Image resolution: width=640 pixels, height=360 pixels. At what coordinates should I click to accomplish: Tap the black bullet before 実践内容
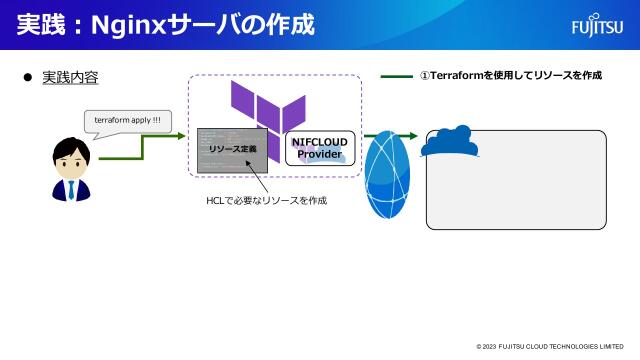tap(28, 77)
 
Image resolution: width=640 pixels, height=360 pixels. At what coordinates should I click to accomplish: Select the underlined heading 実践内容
tap(70, 77)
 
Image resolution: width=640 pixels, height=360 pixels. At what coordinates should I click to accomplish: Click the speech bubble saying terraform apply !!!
tap(127, 120)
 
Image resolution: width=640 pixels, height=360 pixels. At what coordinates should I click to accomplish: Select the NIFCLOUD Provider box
tap(319, 148)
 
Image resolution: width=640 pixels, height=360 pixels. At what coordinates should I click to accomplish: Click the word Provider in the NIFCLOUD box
tap(319, 155)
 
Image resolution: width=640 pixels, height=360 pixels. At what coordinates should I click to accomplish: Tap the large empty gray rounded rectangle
tap(516, 185)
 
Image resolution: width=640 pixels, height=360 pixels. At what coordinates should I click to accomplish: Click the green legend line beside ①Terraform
tap(396, 76)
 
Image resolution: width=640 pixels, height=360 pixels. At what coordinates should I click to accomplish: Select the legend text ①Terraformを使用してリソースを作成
tap(510, 76)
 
